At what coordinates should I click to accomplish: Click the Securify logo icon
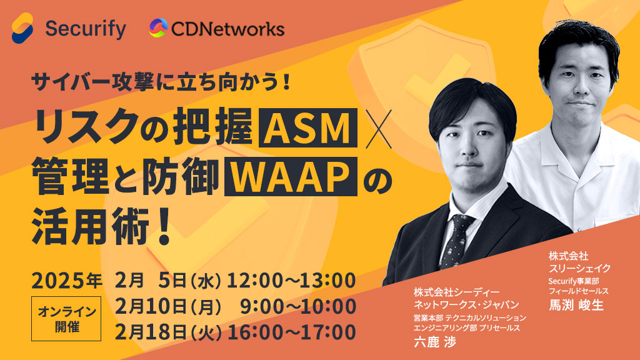(22, 27)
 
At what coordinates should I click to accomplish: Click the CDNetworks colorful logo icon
(158, 27)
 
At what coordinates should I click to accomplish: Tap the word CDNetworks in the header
(227, 29)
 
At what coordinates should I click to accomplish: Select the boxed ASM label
(308, 127)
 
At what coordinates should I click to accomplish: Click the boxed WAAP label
(291, 177)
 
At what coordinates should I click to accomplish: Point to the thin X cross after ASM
(378, 129)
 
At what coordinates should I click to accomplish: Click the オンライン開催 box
(66, 319)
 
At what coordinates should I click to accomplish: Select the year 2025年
(67, 281)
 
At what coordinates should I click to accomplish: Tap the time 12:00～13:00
(291, 281)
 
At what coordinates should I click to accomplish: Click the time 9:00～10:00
(298, 306)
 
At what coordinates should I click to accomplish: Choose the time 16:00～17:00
(291, 332)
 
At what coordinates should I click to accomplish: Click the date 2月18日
(151, 332)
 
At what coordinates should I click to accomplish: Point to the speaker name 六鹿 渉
(435, 342)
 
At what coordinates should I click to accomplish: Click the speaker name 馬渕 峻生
(576, 305)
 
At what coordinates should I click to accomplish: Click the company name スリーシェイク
(579, 268)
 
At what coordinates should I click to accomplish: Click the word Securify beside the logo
(86, 29)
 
